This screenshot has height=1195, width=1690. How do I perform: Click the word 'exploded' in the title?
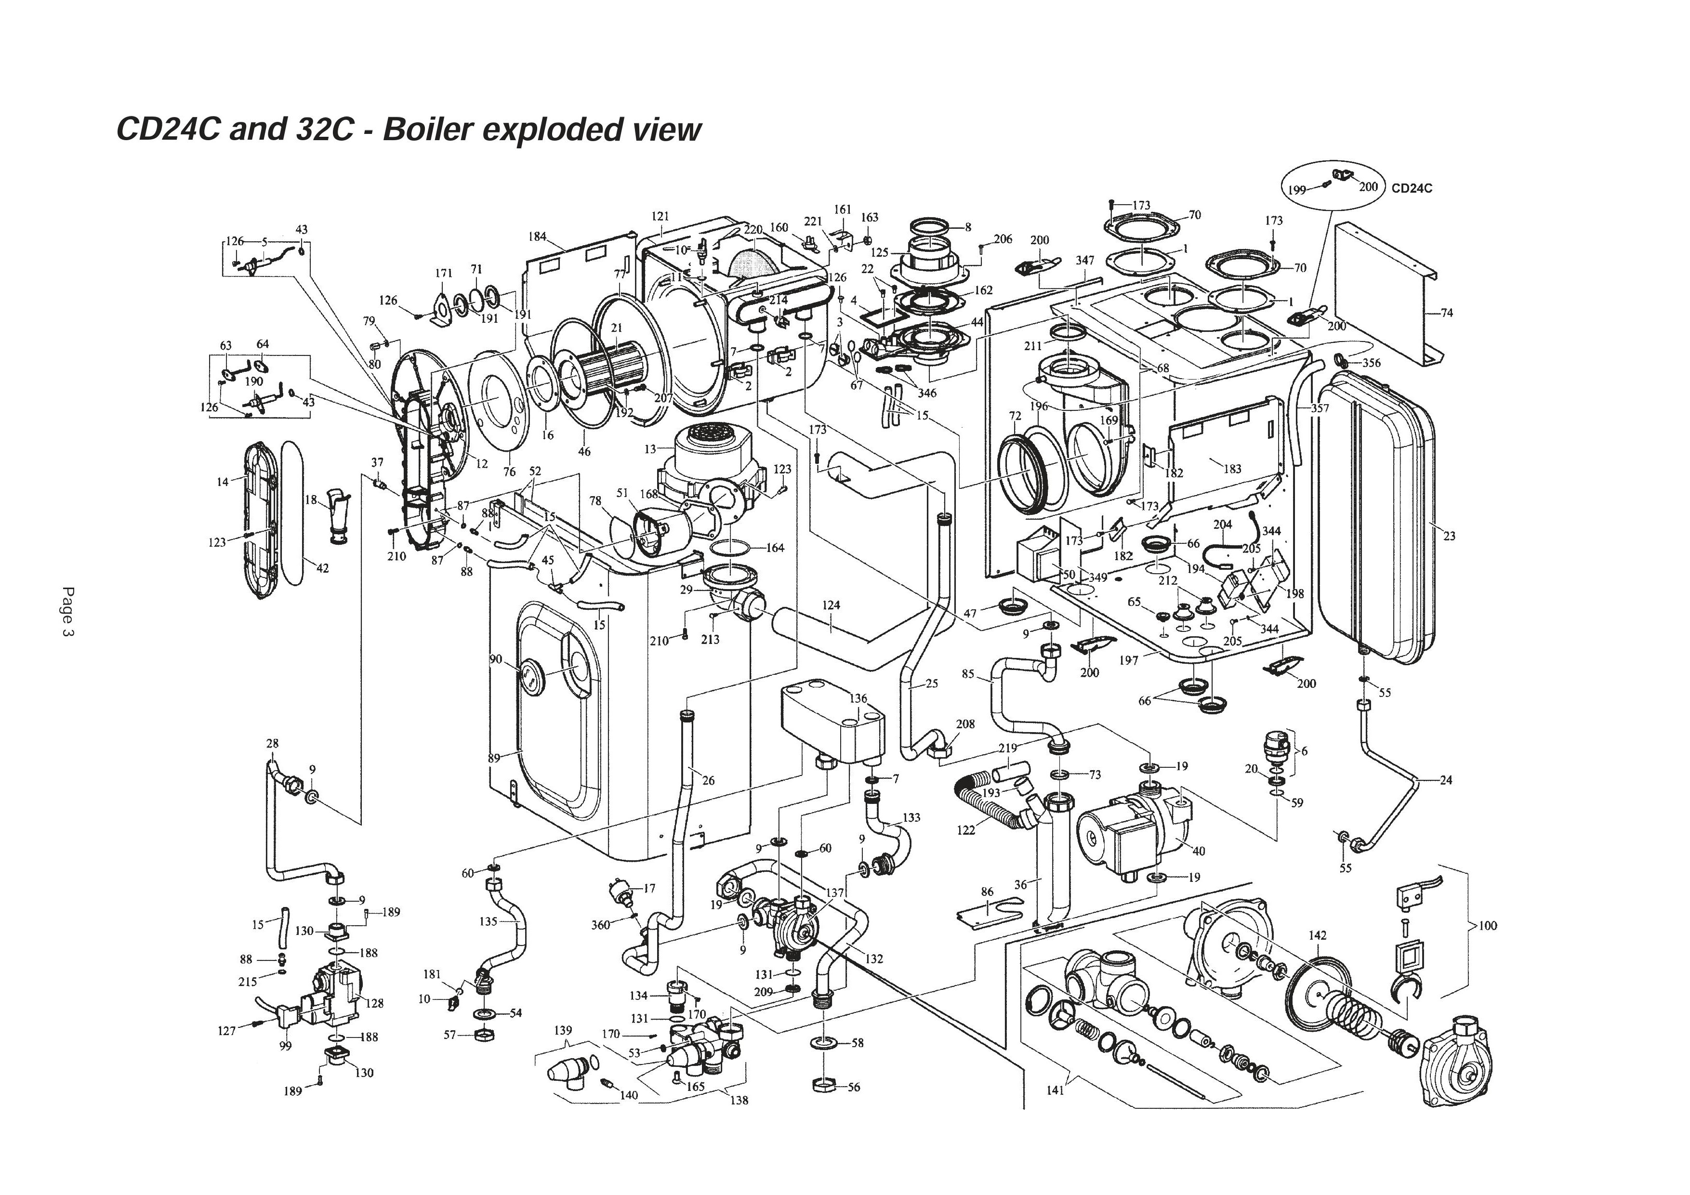click(x=549, y=130)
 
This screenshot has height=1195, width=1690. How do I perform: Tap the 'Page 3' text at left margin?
click(x=68, y=612)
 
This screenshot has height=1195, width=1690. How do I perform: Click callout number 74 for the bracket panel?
click(x=1446, y=313)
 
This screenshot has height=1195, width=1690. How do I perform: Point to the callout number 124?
click(x=831, y=605)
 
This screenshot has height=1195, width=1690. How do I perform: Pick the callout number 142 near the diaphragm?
click(x=1318, y=935)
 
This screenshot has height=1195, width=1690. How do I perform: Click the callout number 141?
click(x=1055, y=1090)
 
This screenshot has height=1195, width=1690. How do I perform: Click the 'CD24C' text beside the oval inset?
click(x=1412, y=188)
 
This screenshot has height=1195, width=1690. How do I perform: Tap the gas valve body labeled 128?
click(x=335, y=993)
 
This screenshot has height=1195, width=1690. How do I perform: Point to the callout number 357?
click(x=1320, y=408)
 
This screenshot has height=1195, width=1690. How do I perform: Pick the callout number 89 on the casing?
click(x=494, y=757)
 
